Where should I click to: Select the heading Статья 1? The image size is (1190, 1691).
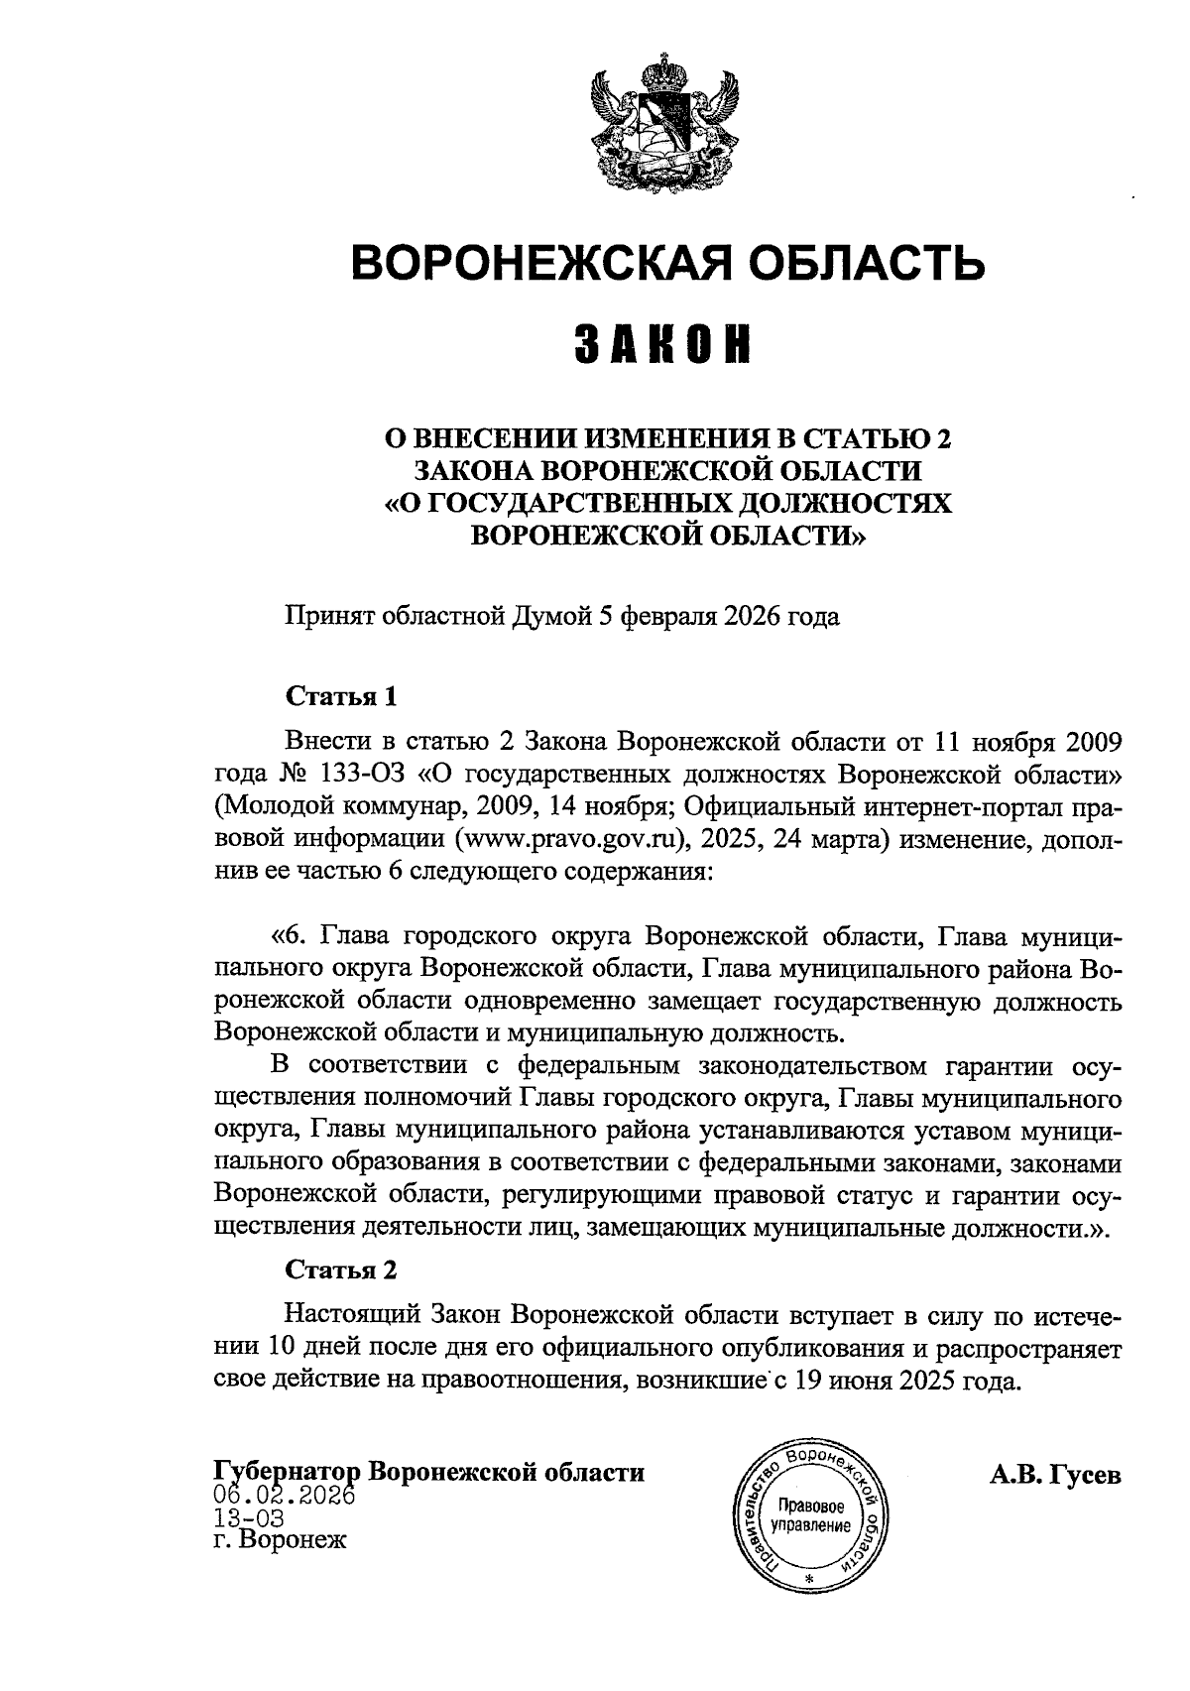[x=341, y=696]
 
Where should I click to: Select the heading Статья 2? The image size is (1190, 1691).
[x=341, y=1270]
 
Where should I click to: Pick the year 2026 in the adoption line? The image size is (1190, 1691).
[x=752, y=617]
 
